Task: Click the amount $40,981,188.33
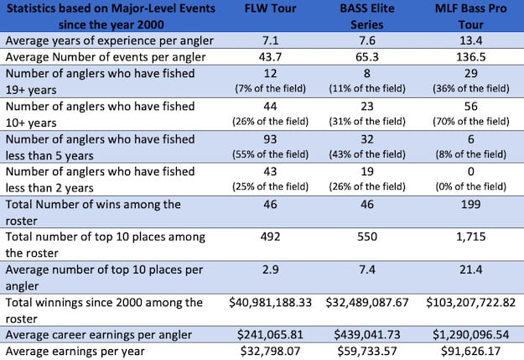pyautogui.click(x=252, y=303)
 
